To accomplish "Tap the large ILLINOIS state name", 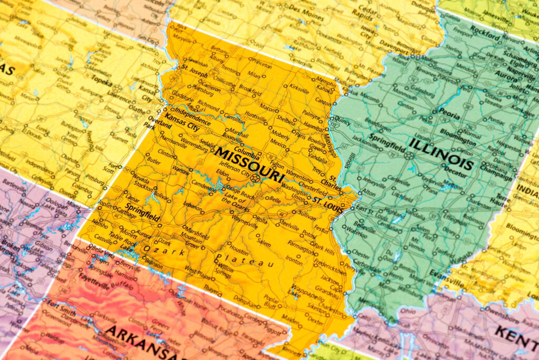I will coord(441,153).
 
